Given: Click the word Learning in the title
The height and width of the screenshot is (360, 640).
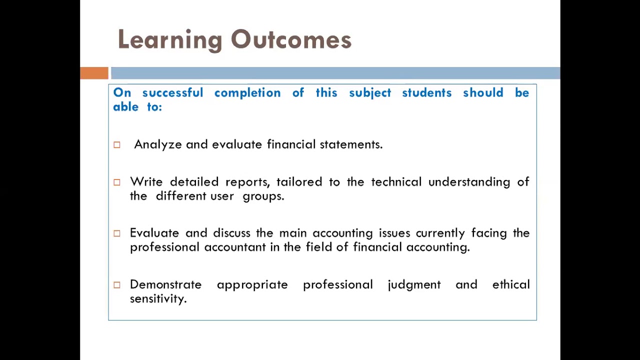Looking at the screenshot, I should click(170, 40).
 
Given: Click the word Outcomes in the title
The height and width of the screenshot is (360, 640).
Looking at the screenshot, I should click(291, 40).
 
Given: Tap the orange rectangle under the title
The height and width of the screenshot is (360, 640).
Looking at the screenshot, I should click(94, 73).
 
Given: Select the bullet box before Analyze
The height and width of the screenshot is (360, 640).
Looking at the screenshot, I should click(117, 145).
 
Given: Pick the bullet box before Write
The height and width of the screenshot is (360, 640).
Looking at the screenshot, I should click(117, 182).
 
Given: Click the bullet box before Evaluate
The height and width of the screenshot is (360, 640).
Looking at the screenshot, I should click(117, 233).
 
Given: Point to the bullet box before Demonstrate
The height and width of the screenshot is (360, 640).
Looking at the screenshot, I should click(117, 285).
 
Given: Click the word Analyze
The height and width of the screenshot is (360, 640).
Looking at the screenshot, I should click(157, 144).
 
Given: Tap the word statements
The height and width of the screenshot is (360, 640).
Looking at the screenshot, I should click(351, 144).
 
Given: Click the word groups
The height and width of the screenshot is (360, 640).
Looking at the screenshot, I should click(263, 196).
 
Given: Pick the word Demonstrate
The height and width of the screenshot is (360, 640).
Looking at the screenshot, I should click(165, 284).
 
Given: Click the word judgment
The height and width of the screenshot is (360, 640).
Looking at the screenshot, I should click(414, 284).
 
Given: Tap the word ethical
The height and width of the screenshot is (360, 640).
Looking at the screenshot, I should click(510, 284).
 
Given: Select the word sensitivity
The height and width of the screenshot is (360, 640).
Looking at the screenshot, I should click(158, 298).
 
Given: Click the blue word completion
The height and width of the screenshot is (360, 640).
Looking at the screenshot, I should click(247, 93).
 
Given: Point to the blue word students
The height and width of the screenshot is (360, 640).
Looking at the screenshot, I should click(426, 93).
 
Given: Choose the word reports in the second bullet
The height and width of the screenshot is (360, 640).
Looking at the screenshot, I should click(247, 182).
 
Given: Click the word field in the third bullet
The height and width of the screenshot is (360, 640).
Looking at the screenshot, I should click(318, 247).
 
